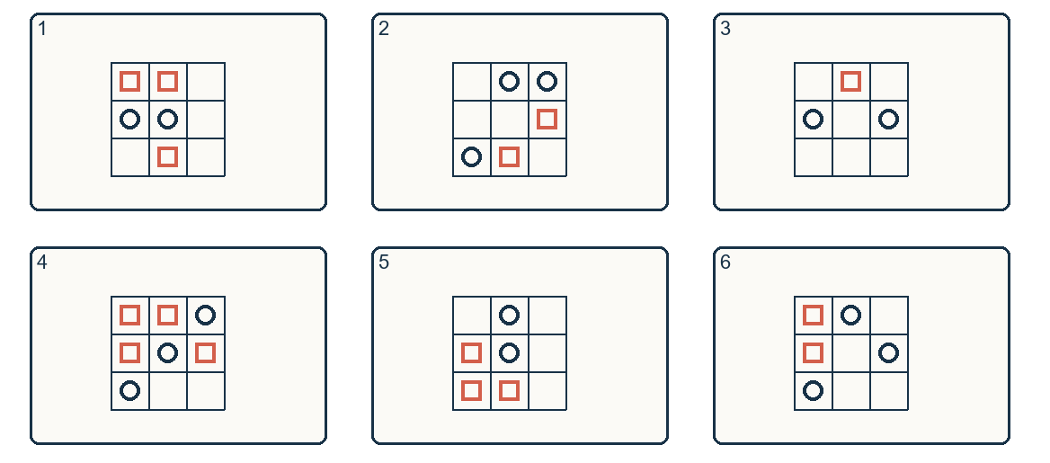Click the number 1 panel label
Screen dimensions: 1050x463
41,29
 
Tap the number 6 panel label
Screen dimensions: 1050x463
725,263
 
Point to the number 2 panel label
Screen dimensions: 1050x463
384,29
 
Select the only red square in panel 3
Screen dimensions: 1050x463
850,82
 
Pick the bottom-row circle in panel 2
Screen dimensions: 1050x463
471,156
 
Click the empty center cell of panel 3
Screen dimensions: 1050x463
851,120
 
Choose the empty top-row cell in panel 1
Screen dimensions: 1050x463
206,82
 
